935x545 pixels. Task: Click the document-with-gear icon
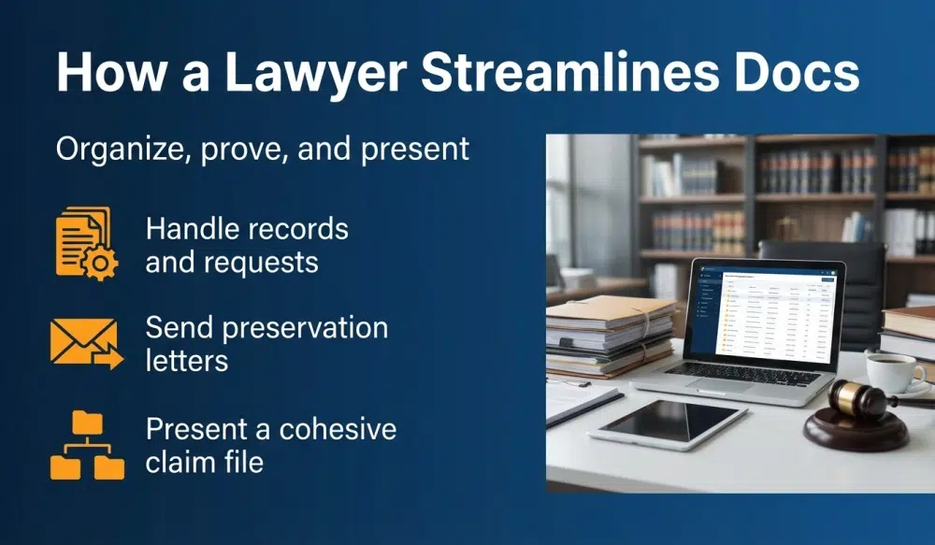click(x=86, y=243)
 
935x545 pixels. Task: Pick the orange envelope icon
click(x=85, y=343)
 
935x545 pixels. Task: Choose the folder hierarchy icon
click(x=86, y=447)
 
